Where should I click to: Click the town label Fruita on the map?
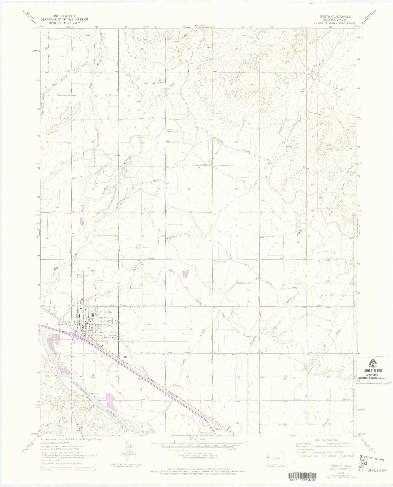click(x=108, y=312)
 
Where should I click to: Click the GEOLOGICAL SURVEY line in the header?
click(x=64, y=23)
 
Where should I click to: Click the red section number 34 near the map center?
click(x=188, y=189)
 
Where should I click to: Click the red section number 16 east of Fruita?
click(x=142, y=330)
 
